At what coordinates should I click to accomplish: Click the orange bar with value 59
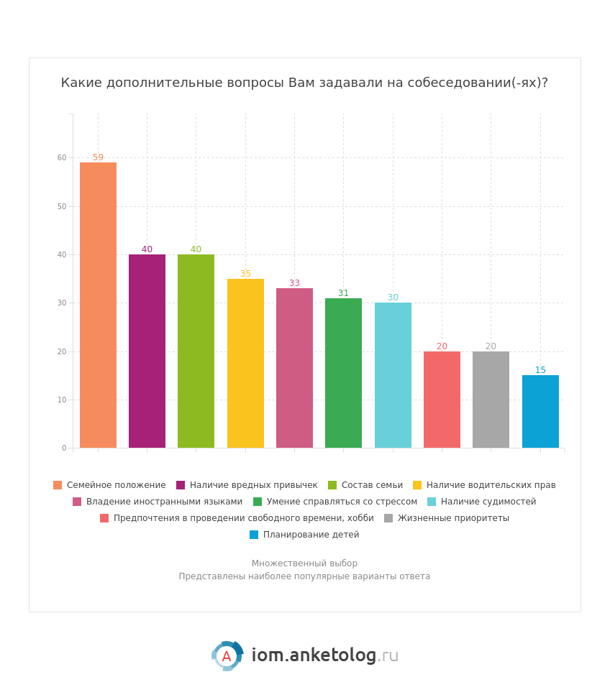[x=98, y=305]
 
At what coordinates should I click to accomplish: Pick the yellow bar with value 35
[x=245, y=363]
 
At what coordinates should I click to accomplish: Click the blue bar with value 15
[x=540, y=411]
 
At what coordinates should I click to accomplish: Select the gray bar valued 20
[x=491, y=399]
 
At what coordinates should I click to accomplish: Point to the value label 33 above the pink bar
[x=294, y=283]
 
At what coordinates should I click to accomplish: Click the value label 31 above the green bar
[x=343, y=293]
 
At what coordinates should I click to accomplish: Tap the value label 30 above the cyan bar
[x=393, y=298]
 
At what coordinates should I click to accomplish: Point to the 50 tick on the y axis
[x=62, y=206]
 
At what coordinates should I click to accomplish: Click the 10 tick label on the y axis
[x=62, y=400]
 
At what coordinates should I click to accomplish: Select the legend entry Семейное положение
[x=116, y=485]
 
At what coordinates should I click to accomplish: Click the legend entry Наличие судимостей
[x=488, y=502]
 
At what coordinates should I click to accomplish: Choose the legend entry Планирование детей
[x=311, y=535]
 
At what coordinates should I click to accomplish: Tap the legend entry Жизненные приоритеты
[x=453, y=518]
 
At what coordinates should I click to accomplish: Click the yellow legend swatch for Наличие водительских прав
[x=417, y=485]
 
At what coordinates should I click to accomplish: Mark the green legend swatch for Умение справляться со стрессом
[x=258, y=502]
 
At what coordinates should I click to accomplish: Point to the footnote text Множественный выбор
[x=304, y=563]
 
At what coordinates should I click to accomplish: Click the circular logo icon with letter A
[x=227, y=655]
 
